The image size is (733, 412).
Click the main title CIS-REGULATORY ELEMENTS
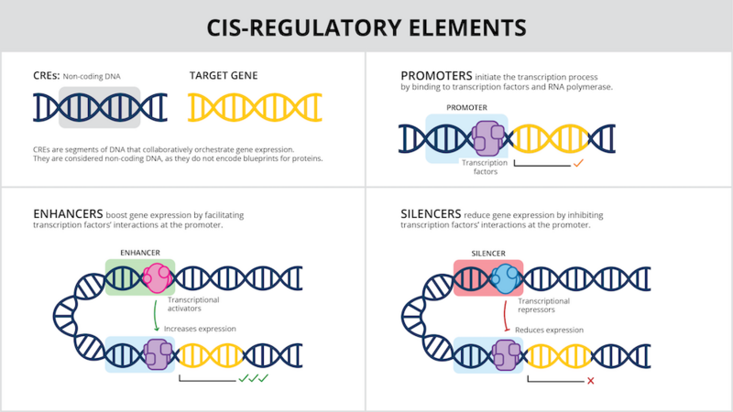click(x=366, y=27)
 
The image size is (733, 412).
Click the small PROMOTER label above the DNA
click(x=466, y=107)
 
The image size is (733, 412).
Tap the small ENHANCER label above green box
click(x=140, y=251)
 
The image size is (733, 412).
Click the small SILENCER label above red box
click(x=487, y=251)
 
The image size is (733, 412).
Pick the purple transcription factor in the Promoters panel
click(x=487, y=139)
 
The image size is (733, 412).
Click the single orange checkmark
click(x=578, y=164)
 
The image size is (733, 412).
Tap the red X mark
click(x=590, y=379)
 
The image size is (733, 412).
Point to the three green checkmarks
click(x=253, y=378)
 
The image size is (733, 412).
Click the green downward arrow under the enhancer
click(x=156, y=317)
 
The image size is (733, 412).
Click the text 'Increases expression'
click(x=200, y=328)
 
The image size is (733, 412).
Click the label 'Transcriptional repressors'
click(x=544, y=305)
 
